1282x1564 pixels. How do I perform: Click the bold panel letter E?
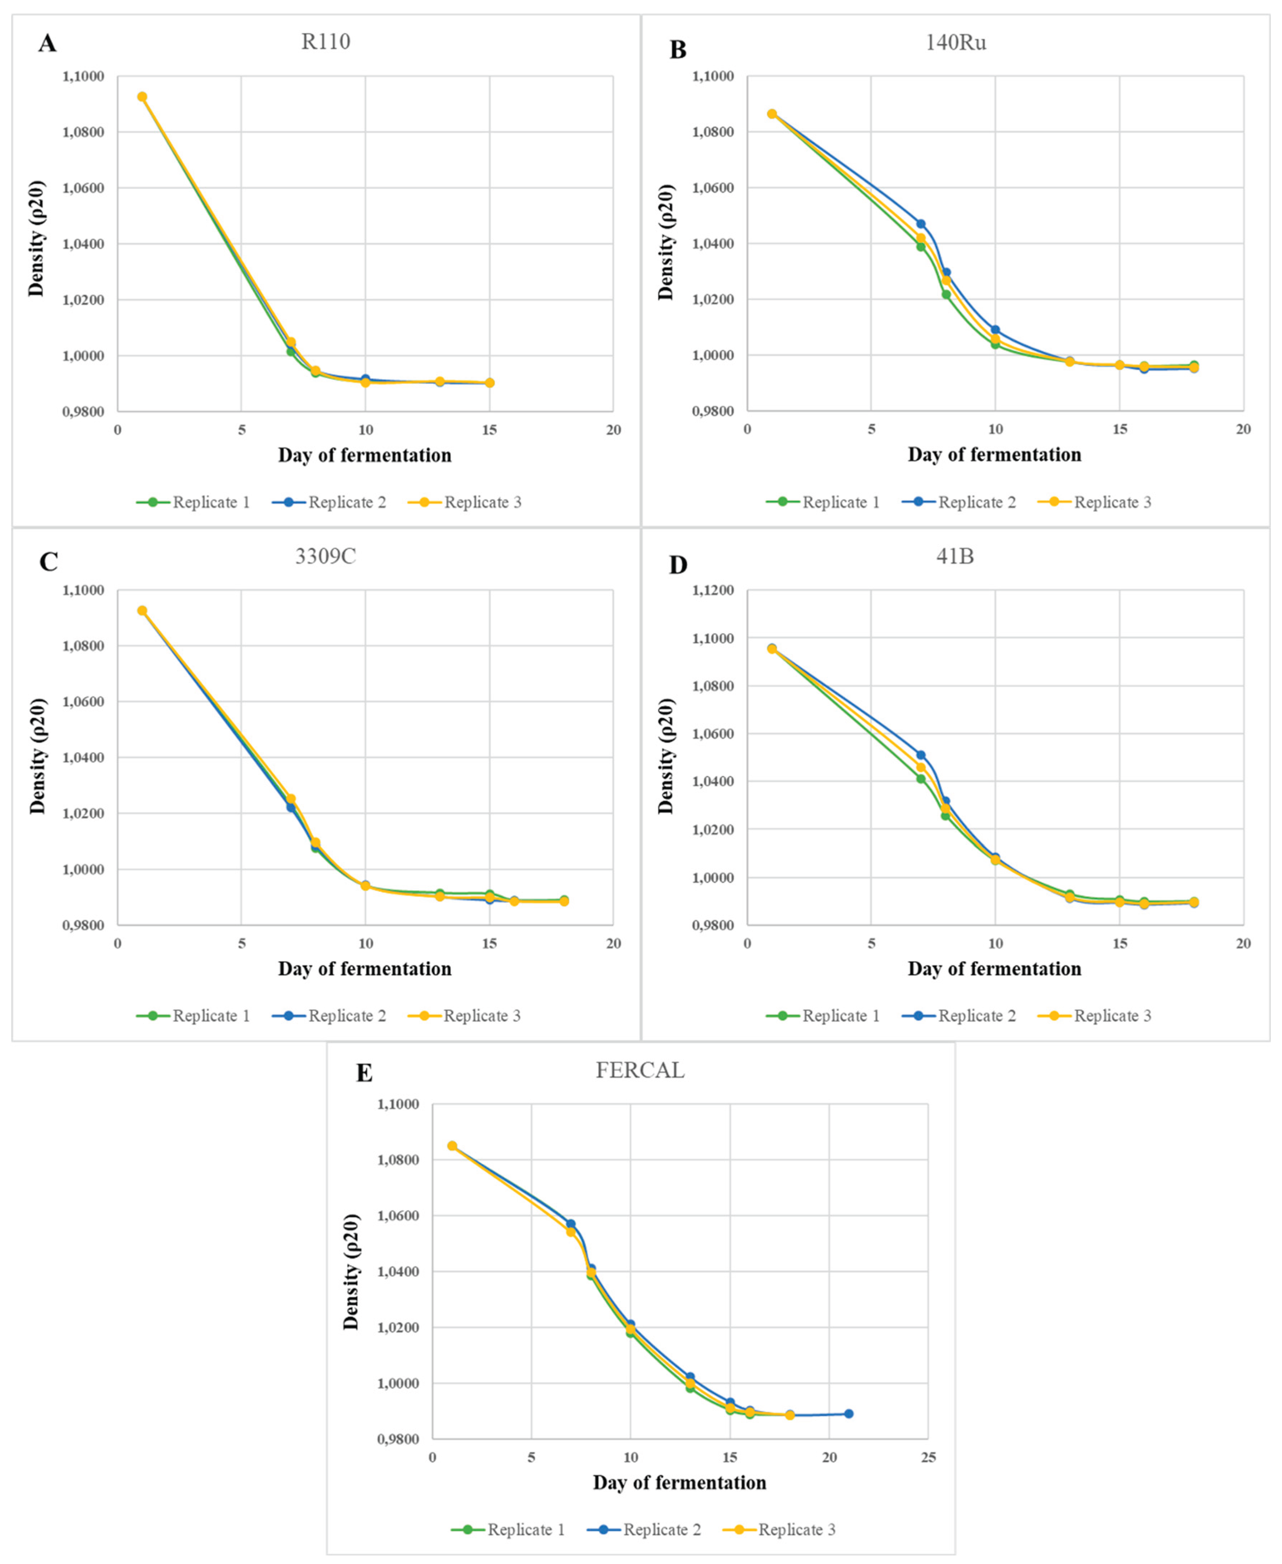(364, 1073)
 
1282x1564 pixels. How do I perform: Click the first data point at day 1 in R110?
(142, 97)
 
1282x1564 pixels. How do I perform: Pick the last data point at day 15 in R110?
(490, 382)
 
